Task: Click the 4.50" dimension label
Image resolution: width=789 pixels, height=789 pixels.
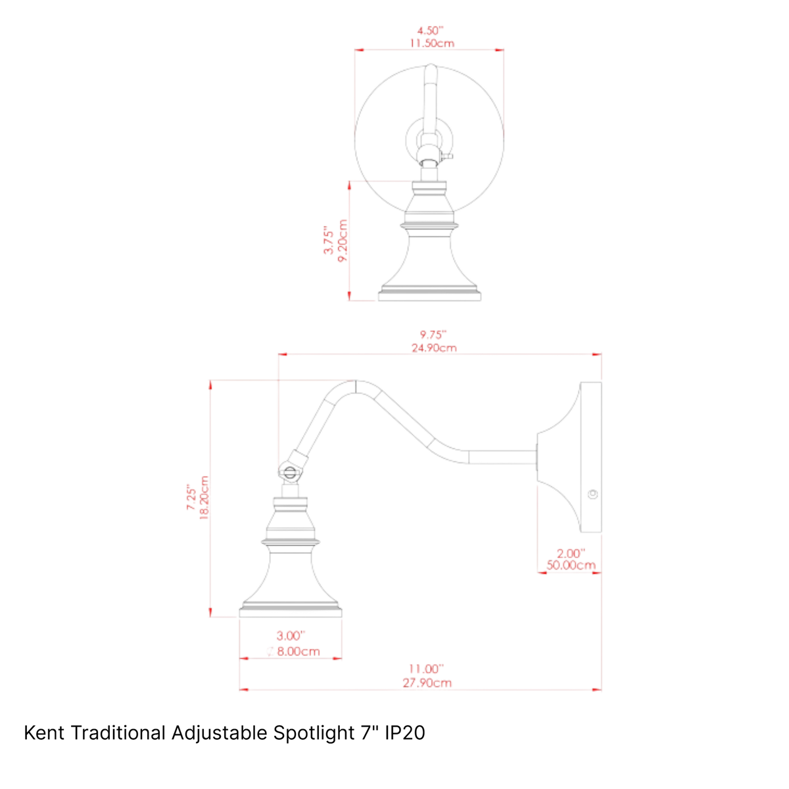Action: pos(430,31)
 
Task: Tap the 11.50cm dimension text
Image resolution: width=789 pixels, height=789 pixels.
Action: pos(431,43)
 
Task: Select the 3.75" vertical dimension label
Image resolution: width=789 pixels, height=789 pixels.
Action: pos(329,239)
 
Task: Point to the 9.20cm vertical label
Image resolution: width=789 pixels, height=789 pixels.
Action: pos(343,241)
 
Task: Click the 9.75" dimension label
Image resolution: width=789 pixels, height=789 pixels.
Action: pos(433,335)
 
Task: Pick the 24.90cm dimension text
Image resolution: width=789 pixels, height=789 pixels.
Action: pos(434,348)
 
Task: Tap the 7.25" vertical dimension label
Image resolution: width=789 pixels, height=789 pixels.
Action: pos(191,498)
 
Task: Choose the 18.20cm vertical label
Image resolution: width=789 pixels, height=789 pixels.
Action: pos(204,498)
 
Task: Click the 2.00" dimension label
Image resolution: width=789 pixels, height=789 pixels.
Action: pos(571,554)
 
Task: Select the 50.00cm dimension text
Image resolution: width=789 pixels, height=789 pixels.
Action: pos(571,565)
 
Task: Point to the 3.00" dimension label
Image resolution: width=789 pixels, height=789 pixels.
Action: pos(291,636)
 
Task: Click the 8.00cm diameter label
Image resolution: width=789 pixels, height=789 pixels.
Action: pos(293,652)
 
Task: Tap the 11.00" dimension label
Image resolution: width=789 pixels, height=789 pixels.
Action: pos(426,669)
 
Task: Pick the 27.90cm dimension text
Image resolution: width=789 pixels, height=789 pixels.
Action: pos(427,683)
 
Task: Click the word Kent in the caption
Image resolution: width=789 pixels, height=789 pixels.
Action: pos(44,733)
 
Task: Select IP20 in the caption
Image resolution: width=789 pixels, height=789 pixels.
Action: pos(405,733)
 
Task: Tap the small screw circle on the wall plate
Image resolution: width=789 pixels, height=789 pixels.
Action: pos(592,494)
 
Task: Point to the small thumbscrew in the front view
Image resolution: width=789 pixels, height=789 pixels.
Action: pos(447,156)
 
